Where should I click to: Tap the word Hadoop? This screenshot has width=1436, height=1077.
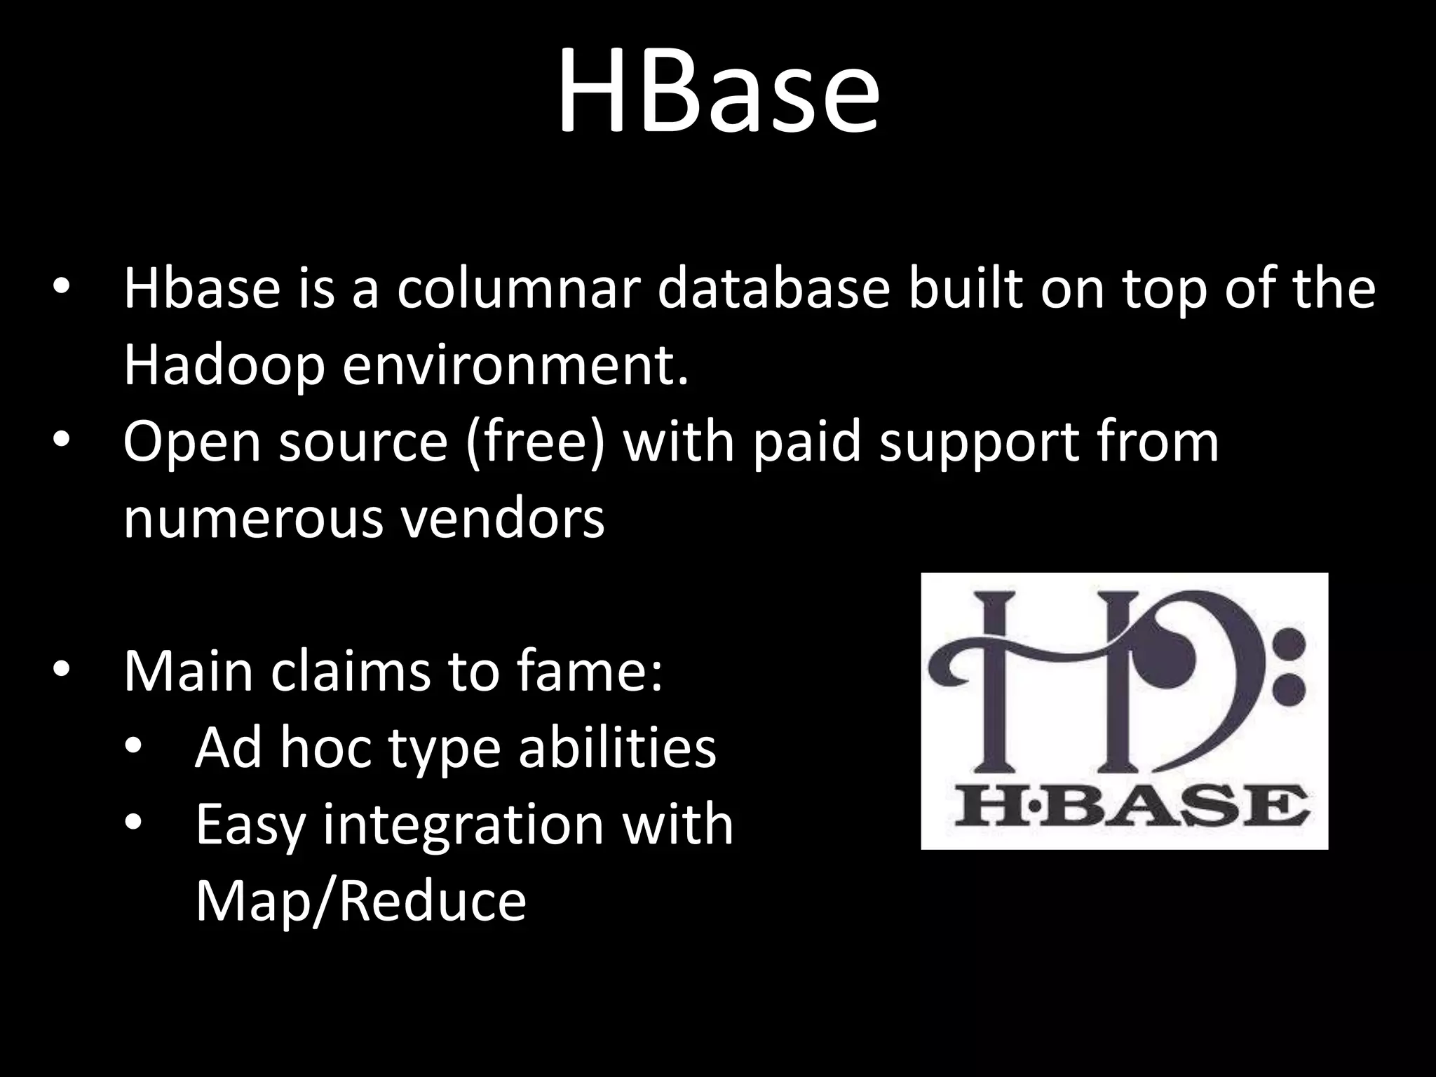coord(224,366)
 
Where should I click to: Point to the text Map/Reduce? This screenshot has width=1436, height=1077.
coord(360,901)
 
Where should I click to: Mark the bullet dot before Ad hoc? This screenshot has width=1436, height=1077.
coord(133,746)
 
